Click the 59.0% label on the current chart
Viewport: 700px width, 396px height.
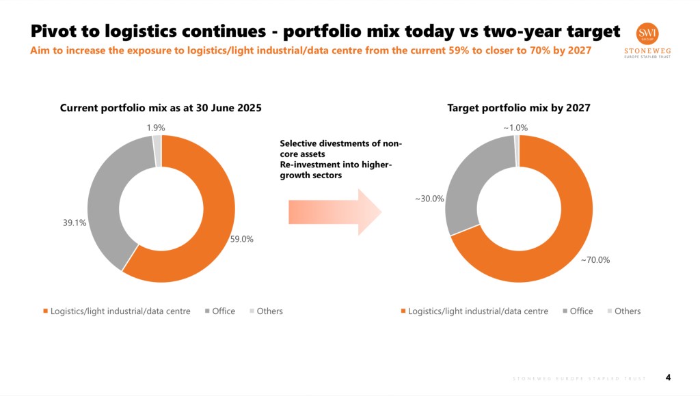pos(242,239)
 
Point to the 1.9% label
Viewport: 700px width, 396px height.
pos(156,128)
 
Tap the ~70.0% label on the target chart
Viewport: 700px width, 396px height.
pos(595,259)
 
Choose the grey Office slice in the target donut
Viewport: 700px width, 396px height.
pos(461,191)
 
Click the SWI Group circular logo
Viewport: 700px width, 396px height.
pos(647,34)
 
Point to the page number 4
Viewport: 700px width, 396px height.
pos(668,377)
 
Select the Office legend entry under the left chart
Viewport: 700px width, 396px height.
pos(224,311)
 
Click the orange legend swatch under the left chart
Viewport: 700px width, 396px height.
pos(46,311)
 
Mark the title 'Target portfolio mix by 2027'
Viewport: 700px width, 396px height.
pos(519,108)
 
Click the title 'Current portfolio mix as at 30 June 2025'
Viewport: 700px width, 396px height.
pos(161,108)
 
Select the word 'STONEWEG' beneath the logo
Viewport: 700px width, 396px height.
pos(647,51)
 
